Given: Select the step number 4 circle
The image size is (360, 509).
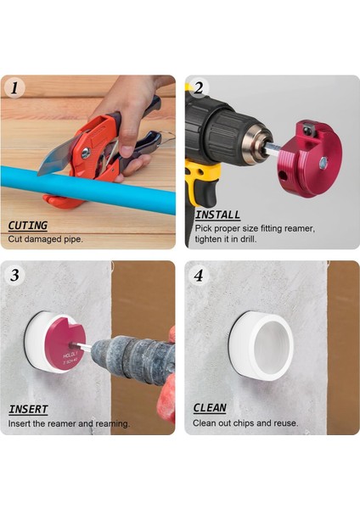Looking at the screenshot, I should pyautogui.click(x=199, y=275).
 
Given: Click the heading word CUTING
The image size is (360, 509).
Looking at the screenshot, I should pyautogui.click(x=27, y=226).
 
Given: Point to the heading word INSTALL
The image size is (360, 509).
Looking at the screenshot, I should pyautogui.click(x=217, y=215).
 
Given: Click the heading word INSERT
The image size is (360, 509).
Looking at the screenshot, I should pyautogui.click(x=28, y=410).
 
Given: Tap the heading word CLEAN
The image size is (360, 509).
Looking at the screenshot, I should pyautogui.click(x=210, y=409).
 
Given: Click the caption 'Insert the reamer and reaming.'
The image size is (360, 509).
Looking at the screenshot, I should pyautogui.click(x=69, y=423).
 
